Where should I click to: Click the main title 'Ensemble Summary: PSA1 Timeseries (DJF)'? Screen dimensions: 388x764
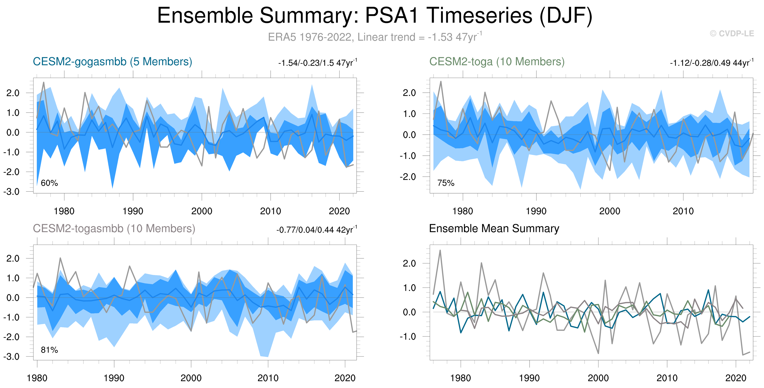(375, 16)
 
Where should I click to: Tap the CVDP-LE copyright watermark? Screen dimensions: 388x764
(732, 33)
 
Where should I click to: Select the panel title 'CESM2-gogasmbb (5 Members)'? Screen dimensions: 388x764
(112, 62)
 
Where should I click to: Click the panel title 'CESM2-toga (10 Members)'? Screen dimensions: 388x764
(497, 62)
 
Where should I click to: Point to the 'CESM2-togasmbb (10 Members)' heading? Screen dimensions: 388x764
(114, 229)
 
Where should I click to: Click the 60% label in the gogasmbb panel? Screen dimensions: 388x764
(49, 183)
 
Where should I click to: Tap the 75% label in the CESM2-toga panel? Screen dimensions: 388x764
(446, 183)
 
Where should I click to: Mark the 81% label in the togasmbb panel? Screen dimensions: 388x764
(49, 350)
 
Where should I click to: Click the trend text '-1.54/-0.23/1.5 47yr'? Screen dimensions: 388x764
(317, 63)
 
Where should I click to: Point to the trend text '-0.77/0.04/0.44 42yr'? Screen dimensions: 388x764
(317, 230)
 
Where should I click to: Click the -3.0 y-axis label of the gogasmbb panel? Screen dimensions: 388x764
(11, 192)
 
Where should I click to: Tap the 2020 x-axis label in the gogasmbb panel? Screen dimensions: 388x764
(339, 211)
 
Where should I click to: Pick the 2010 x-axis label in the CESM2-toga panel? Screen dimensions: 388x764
(683, 211)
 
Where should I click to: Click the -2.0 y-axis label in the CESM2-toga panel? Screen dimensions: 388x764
(408, 177)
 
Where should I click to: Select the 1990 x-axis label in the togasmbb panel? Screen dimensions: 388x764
(114, 378)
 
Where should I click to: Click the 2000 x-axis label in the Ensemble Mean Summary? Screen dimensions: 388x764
(598, 378)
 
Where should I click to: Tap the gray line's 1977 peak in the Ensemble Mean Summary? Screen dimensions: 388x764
(440, 250)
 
